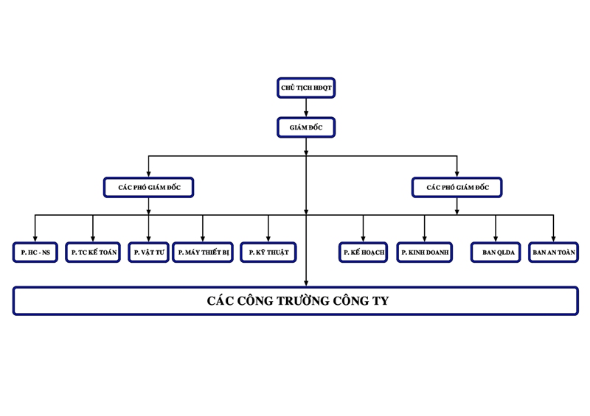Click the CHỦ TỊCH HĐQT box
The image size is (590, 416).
(306, 88)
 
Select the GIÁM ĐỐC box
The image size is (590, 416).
(306, 127)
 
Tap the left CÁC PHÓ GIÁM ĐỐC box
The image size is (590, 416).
(149, 188)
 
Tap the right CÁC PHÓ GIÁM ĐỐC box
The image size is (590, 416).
(457, 188)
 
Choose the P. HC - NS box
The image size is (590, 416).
(35, 253)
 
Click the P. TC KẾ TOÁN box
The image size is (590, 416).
(93, 253)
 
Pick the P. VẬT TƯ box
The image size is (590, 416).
(148, 253)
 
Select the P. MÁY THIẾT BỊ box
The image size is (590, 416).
(203, 253)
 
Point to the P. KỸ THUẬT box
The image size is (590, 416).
(268, 253)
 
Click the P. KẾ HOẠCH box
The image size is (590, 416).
(363, 253)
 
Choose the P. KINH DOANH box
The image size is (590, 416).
(424, 253)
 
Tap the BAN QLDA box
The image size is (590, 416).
(496, 253)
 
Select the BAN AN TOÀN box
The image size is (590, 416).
(553, 253)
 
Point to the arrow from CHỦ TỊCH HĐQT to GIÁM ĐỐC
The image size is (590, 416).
(306, 107)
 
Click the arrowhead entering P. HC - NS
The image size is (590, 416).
(35, 239)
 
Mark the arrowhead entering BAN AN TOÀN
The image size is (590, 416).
(553, 239)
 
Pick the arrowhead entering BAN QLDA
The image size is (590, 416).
(496, 239)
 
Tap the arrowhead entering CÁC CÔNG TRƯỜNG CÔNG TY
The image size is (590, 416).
(306, 283)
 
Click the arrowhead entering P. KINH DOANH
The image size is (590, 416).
(425, 239)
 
